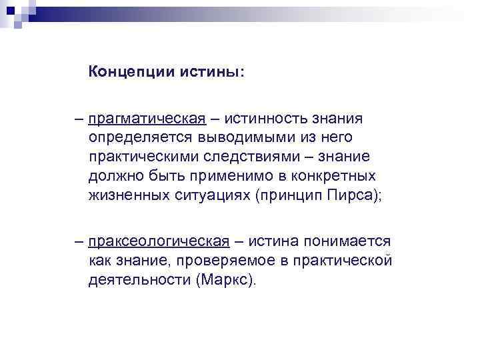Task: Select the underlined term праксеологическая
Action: (157, 241)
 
